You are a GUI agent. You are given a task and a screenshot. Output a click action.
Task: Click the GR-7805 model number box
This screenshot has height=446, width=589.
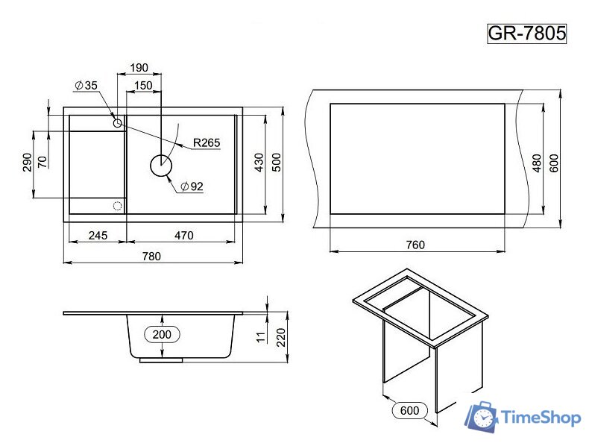526,34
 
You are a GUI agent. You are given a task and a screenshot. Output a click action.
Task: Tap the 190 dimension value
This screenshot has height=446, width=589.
139,68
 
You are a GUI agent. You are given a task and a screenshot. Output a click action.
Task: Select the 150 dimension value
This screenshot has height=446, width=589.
143,86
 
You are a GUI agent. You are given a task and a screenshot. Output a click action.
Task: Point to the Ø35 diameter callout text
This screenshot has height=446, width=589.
86,85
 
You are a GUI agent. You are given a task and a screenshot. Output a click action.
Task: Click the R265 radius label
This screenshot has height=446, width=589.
207,142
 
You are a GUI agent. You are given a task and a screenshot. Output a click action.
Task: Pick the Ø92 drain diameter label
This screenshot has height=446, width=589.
192,186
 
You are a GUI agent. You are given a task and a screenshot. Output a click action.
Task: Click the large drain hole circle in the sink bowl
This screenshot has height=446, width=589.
161,166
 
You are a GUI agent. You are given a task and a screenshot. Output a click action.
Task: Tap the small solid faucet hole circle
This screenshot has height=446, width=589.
118,123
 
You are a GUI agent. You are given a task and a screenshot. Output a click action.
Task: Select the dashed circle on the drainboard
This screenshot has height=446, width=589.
118,206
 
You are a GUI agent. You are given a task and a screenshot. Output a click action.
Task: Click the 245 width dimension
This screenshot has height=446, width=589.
98,236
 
